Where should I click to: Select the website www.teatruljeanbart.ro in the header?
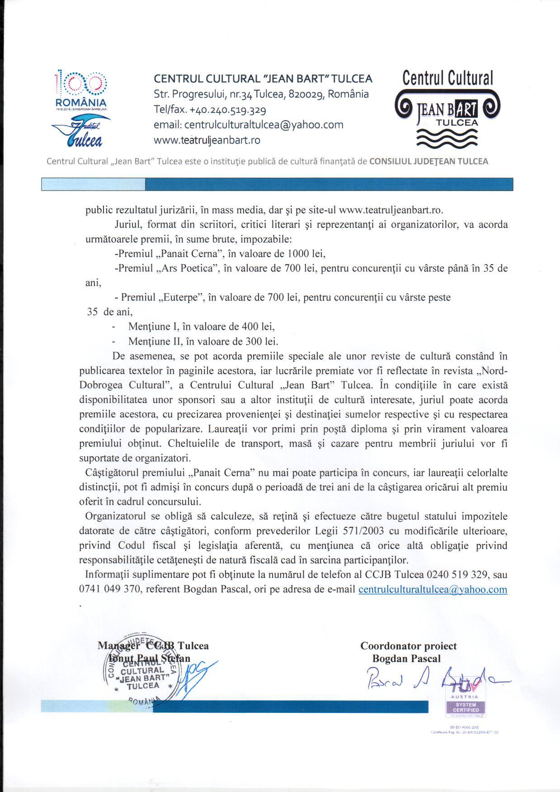pyautogui.click(x=207, y=140)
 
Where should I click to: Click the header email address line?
pyautogui.click(x=249, y=125)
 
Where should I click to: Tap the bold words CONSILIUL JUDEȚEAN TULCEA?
pyautogui.click(x=429, y=161)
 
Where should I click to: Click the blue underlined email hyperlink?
pyautogui.click(x=433, y=590)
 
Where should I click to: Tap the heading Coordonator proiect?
pyautogui.click(x=408, y=646)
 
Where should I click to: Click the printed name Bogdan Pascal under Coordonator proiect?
pyautogui.click(x=406, y=659)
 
